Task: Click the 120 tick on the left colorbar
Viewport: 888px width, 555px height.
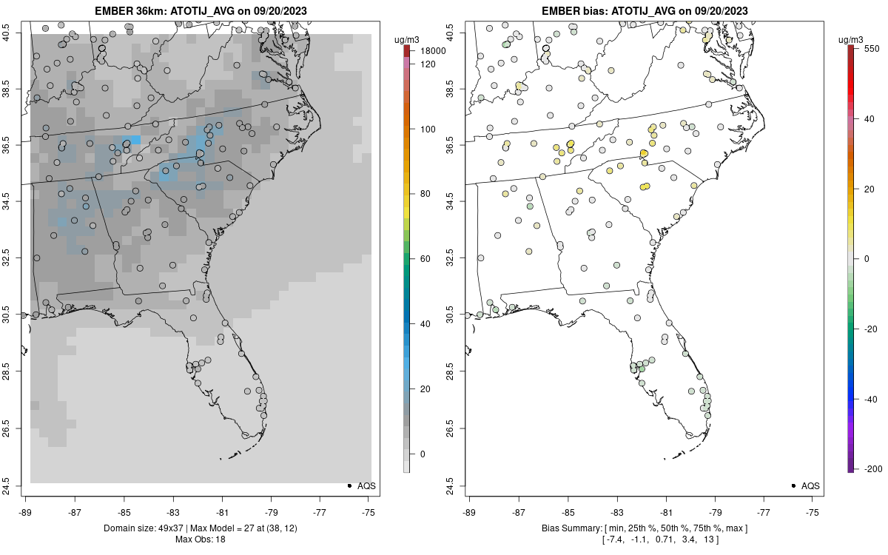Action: click(x=427, y=64)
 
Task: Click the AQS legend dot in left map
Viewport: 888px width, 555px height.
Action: click(x=349, y=486)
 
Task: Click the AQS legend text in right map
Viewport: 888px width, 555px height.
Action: click(x=810, y=486)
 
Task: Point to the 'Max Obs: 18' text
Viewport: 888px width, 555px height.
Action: click(x=200, y=539)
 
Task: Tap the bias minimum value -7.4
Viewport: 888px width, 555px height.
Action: click(x=616, y=539)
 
